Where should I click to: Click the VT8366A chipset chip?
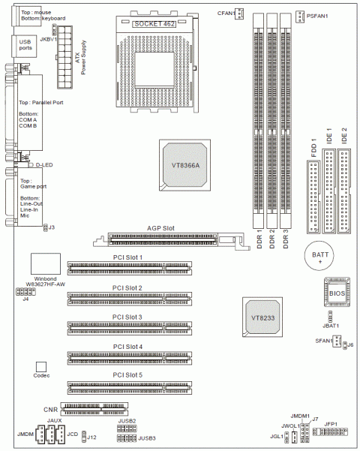click(x=185, y=165)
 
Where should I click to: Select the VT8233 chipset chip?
click(x=262, y=317)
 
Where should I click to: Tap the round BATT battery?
click(x=319, y=256)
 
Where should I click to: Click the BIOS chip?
click(x=337, y=293)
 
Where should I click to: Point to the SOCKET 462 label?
click(x=154, y=24)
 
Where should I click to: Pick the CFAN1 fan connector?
click(x=239, y=14)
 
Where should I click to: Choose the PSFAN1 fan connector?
click(x=300, y=17)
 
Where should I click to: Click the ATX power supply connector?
click(x=64, y=57)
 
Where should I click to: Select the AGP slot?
click(x=171, y=239)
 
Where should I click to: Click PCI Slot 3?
click(x=130, y=328)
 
